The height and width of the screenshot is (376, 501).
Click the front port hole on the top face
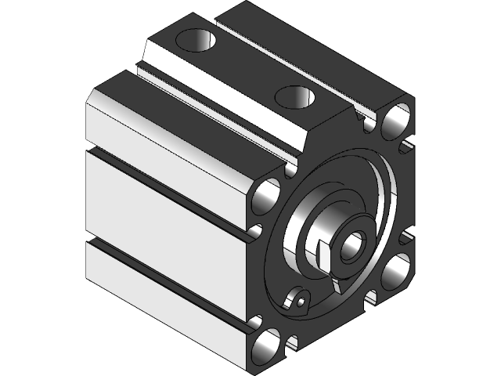(296, 97)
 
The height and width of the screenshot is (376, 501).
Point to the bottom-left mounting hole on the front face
(267, 344)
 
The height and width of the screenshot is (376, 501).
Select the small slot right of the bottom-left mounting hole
(292, 342)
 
